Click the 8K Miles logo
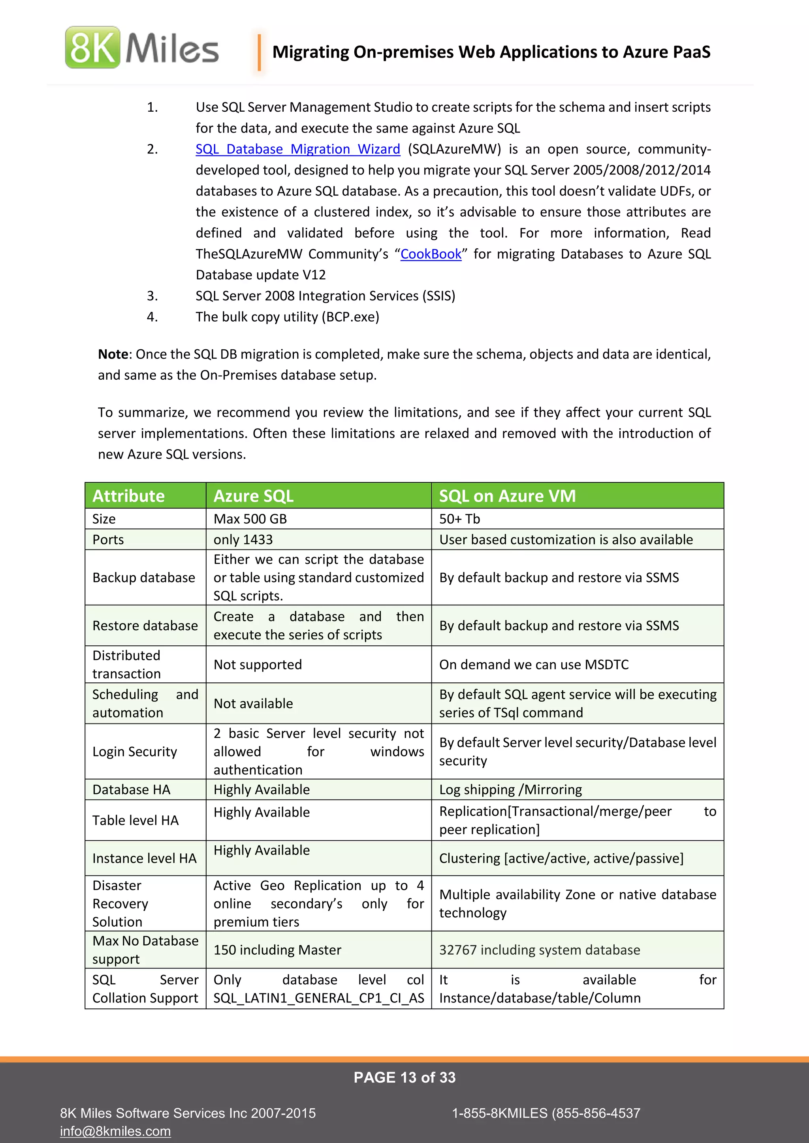coord(142,48)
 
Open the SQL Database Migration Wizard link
coord(297,149)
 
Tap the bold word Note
coord(113,354)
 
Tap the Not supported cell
coord(258,665)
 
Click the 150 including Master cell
coord(277,950)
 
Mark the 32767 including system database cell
coord(540,950)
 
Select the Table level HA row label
coord(135,821)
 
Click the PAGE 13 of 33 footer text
coord(404,1078)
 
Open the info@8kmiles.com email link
coord(116,1131)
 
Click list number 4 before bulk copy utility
coord(152,317)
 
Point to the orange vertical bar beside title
coord(259,52)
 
